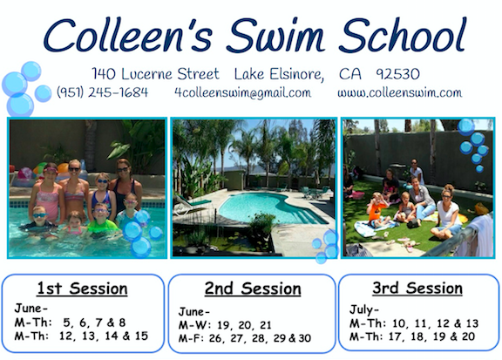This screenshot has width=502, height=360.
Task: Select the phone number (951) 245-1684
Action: tap(103, 92)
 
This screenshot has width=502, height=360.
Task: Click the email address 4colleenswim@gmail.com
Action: tap(242, 92)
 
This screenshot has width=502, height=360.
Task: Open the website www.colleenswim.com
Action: tap(399, 92)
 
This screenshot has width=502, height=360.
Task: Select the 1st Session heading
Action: tap(82, 289)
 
